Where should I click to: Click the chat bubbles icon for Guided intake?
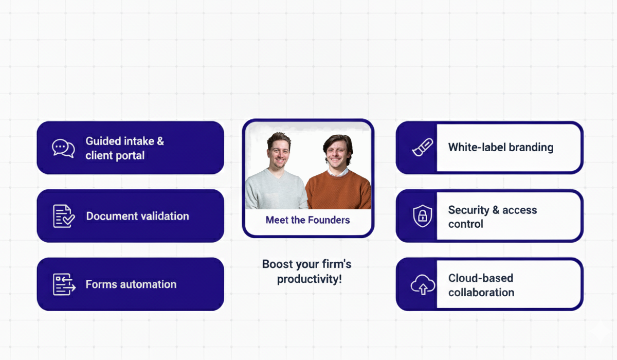(x=63, y=148)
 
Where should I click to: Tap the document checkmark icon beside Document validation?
(x=64, y=216)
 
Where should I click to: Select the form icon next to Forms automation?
(x=64, y=284)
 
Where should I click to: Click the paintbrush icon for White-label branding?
(x=423, y=148)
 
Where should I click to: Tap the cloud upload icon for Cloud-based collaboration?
(x=423, y=285)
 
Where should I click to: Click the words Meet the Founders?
(x=307, y=220)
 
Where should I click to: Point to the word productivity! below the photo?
(x=309, y=279)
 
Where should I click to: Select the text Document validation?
(x=137, y=216)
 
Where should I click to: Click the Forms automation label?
(x=131, y=284)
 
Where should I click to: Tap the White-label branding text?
(x=501, y=148)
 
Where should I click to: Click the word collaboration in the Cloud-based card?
(x=481, y=292)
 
